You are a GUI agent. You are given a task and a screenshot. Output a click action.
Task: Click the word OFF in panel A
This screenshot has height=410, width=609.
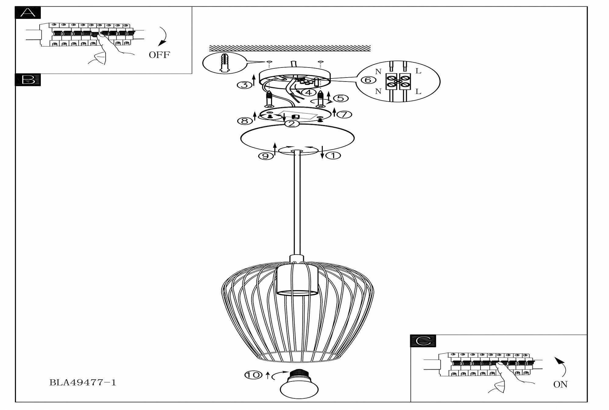coord(159,55)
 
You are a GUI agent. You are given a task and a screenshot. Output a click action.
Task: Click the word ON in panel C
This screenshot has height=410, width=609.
coord(560,384)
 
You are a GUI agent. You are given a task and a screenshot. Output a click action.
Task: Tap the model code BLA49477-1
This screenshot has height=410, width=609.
coord(83,383)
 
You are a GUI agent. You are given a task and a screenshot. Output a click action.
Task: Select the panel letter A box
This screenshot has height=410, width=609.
coord(28,13)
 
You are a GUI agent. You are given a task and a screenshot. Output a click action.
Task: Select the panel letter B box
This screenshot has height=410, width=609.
coord(28,80)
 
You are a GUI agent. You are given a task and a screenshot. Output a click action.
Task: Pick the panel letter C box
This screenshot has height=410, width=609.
coord(423,341)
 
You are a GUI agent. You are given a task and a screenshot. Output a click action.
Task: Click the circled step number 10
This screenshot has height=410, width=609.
coord(253,375)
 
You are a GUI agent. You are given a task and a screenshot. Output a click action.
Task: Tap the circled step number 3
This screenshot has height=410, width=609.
coord(244,85)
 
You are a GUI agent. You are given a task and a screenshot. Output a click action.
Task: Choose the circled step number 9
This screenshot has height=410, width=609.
coord(266,156)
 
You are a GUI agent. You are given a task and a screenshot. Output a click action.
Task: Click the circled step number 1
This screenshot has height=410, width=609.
coord(333,156)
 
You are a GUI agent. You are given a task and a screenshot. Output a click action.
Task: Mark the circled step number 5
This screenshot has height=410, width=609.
coord(340,98)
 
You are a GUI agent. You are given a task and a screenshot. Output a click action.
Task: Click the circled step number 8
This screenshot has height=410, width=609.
coord(245,121)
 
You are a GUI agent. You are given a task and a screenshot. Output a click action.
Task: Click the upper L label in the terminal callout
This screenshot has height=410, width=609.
coord(418,71)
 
